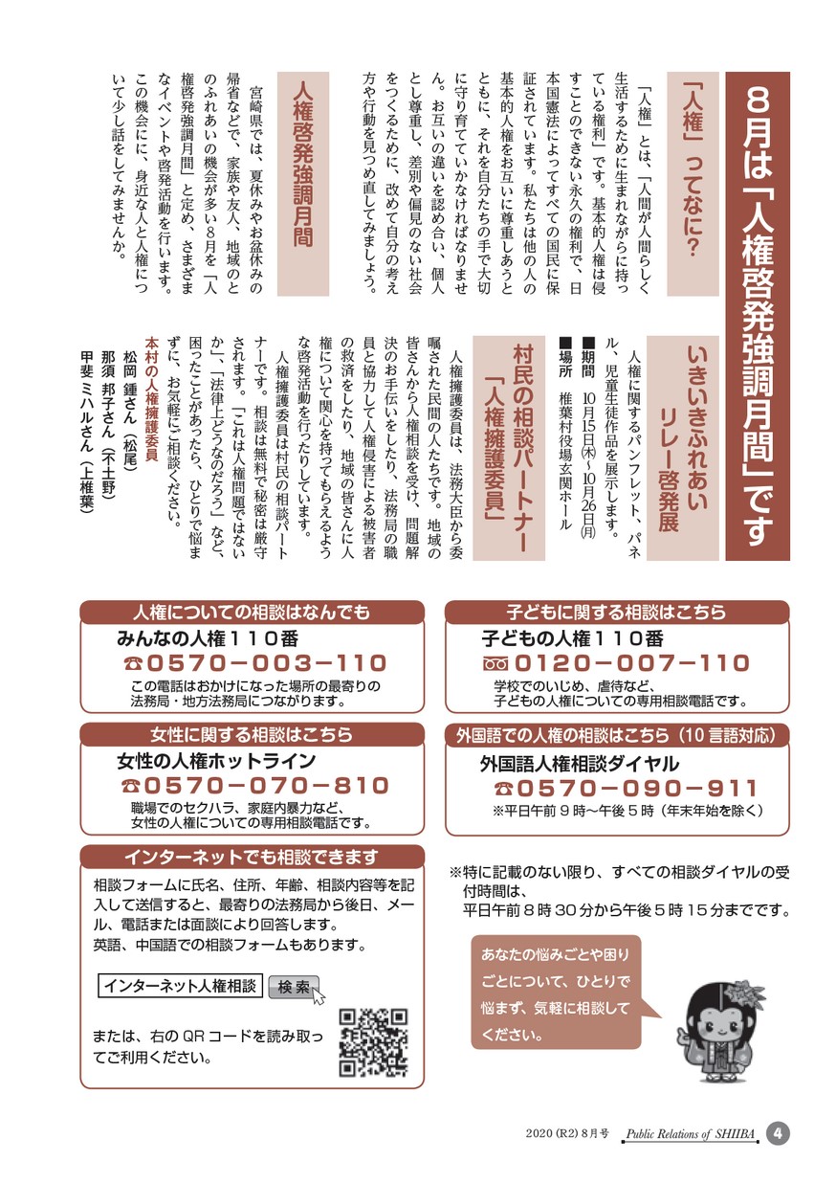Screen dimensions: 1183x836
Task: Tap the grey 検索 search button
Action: (294, 988)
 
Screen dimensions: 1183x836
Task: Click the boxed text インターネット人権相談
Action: (180, 986)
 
